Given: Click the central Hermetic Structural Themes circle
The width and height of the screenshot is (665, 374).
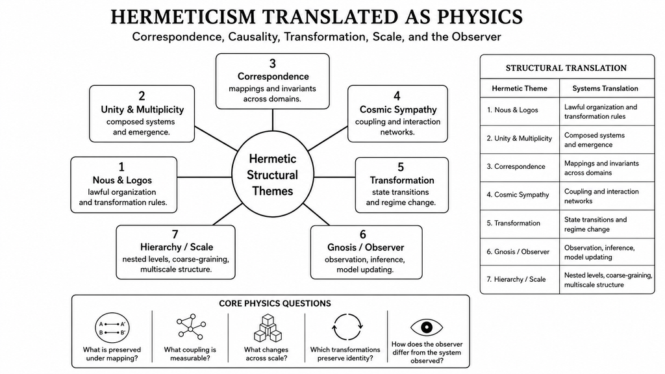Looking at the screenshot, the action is (273, 175).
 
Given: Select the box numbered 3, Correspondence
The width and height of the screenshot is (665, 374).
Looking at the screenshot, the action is (272, 81).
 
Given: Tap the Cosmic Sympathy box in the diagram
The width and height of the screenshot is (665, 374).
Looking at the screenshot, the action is (397, 114).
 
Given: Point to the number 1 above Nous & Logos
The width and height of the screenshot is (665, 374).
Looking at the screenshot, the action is (121, 167).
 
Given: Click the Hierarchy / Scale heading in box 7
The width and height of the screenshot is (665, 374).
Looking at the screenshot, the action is (177, 247).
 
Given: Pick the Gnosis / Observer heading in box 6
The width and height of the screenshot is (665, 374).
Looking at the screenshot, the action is (366, 247).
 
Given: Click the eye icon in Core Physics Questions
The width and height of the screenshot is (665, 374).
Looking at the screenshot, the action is (427, 327).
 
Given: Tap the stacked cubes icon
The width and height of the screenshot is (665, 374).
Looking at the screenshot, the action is (268, 328).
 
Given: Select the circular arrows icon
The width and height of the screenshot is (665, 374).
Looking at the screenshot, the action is (347, 327).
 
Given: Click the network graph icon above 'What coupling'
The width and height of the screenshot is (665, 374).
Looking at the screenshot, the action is (191, 327).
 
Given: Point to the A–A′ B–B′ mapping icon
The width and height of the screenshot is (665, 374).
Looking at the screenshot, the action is (112, 328).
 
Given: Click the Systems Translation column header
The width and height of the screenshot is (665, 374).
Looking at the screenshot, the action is (605, 88).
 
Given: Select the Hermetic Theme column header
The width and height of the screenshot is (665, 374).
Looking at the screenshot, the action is (520, 88).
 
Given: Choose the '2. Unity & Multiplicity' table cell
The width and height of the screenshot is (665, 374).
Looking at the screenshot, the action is (520, 139).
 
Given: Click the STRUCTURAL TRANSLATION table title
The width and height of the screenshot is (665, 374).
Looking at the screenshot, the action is (566, 68).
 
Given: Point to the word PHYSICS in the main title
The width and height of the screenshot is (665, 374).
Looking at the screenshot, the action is (479, 17).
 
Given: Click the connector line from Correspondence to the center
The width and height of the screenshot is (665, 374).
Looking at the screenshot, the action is (272, 120).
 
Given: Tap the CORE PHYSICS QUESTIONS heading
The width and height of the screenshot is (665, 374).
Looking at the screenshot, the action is (275, 304).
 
